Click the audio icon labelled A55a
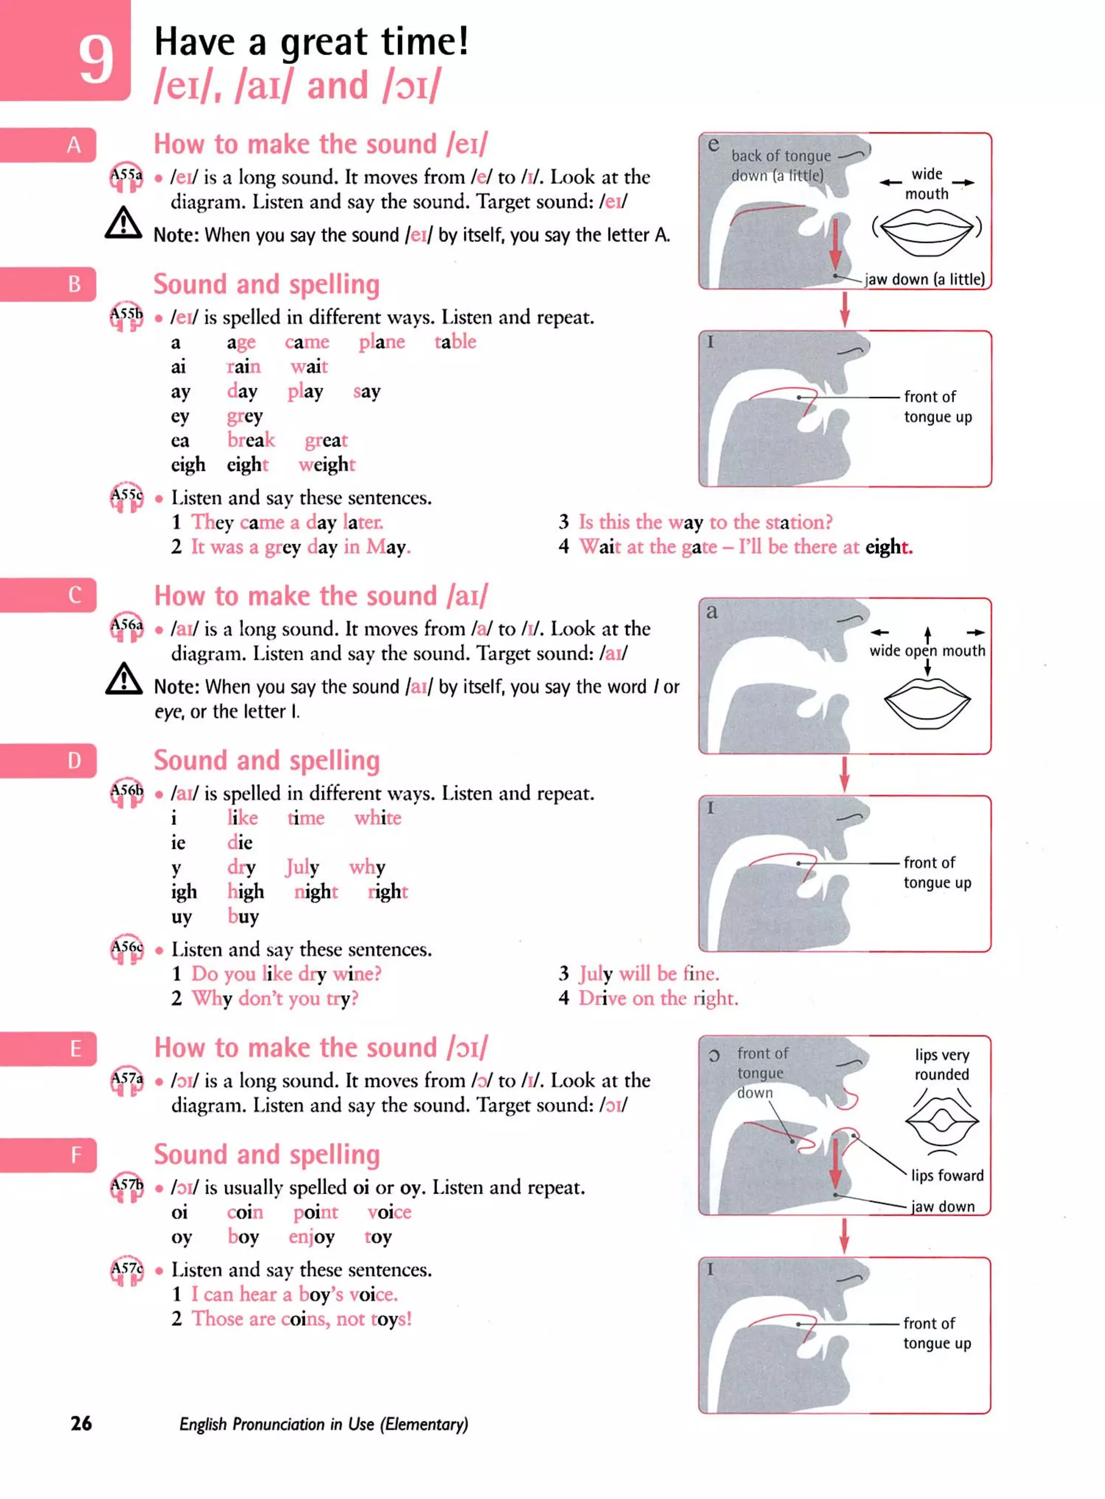tap(126, 178)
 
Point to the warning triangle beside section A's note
tap(124, 223)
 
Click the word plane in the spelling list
tap(381, 343)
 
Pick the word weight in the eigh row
tap(326, 465)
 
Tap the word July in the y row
tap(302, 867)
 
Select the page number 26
tap(81, 1423)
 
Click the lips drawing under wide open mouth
tap(926, 703)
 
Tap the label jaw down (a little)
tap(924, 280)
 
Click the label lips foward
tap(946, 1175)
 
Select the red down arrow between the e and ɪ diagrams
tap(844, 309)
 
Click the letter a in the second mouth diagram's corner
tap(712, 611)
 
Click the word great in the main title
tap(323, 43)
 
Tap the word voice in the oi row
tap(390, 1212)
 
